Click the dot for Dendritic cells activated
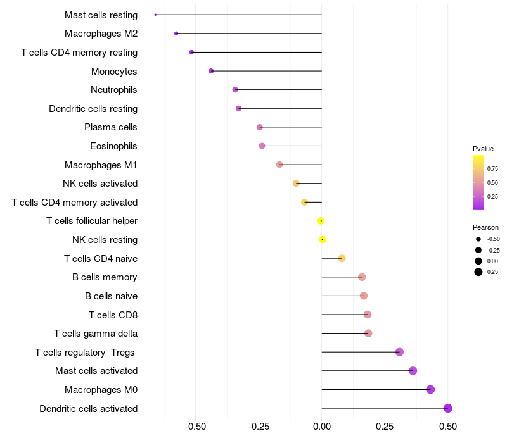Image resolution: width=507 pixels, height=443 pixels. tap(448, 408)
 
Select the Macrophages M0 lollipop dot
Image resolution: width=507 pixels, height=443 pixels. tap(430, 389)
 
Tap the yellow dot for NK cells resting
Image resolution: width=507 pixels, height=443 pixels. tap(323, 239)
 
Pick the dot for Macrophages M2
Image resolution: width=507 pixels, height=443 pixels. tap(176, 33)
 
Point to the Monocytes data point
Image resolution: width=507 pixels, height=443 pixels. tap(211, 71)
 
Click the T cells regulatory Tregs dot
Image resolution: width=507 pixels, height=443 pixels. tap(399, 352)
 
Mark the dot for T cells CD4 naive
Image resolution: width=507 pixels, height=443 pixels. tap(342, 258)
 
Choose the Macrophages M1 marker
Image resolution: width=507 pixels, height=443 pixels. tap(279, 165)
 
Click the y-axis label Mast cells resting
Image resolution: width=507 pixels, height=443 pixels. tap(101, 15)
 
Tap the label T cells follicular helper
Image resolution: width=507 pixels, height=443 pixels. tap(92, 221)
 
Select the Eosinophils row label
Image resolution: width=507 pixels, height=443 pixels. tap(113, 146)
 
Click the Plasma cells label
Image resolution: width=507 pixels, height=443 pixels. tap(111, 127)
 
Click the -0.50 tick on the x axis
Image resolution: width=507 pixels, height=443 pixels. tap(195, 427)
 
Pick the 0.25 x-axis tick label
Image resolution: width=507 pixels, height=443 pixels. tap(385, 427)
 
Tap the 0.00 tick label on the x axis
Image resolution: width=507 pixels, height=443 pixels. tap(322, 427)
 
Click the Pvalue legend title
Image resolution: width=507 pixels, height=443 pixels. tap(483, 149)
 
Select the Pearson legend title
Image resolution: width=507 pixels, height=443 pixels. tap(485, 227)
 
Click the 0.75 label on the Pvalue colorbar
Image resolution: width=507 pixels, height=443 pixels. tap(492, 169)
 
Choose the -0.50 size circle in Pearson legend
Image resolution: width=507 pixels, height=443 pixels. tap(478, 239)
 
